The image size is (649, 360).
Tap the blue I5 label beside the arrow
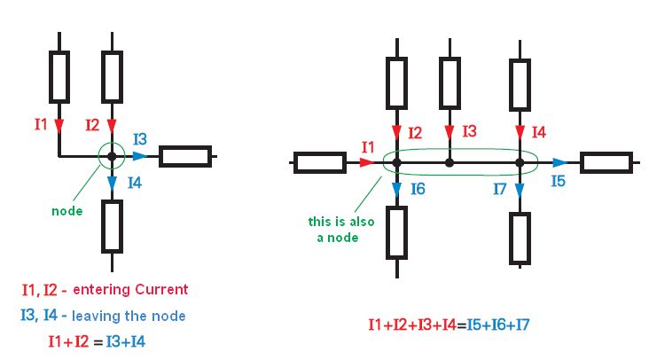point(558,181)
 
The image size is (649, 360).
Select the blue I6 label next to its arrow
point(418,190)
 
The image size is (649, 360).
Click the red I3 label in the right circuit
point(469,131)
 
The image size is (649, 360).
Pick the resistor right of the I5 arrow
point(606,162)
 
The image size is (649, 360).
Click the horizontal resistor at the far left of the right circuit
point(319,162)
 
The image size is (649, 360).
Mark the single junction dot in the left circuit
point(112,157)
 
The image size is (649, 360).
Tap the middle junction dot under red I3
point(450,163)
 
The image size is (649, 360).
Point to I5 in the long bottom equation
point(473,325)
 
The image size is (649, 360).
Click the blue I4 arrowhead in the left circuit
point(112,183)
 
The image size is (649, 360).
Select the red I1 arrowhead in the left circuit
point(59,125)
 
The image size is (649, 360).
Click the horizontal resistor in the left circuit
point(184,157)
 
